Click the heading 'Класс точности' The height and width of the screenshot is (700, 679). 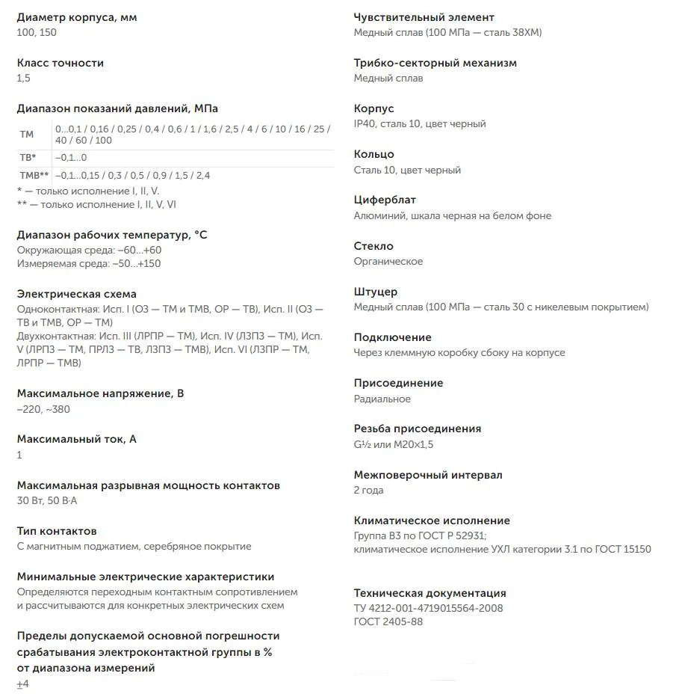[x=60, y=63]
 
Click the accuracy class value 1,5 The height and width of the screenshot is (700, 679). [x=23, y=78]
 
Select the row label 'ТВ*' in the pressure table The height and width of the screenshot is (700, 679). [x=28, y=158]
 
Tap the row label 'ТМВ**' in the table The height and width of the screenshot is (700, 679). [x=34, y=176]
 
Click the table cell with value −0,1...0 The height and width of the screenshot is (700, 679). [x=71, y=158]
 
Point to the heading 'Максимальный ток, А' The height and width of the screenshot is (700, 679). [x=76, y=439]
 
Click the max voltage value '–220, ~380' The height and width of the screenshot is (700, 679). [x=43, y=409]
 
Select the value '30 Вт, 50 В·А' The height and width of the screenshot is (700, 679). [x=46, y=500]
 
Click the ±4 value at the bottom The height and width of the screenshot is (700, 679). [x=22, y=684]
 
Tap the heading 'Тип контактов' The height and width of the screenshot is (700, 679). [x=56, y=531]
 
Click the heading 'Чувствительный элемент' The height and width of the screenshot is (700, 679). [x=424, y=17]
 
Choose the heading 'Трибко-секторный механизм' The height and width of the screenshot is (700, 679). [x=435, y=63]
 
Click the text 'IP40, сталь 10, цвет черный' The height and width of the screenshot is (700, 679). [x=419, y=123]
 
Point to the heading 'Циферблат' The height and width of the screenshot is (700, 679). [x=385, y=200]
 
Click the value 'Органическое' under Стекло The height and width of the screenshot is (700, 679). [x=388, y=261]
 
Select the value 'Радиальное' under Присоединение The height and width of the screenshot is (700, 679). [x=382, y=399]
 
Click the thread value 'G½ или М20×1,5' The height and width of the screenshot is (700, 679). [x=393, y=444]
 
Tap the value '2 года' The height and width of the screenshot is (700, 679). [x=368, y=490]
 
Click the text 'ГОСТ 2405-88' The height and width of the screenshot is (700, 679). [x=388, y=621]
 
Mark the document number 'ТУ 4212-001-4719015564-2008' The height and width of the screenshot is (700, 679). [x=428, y=608]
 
